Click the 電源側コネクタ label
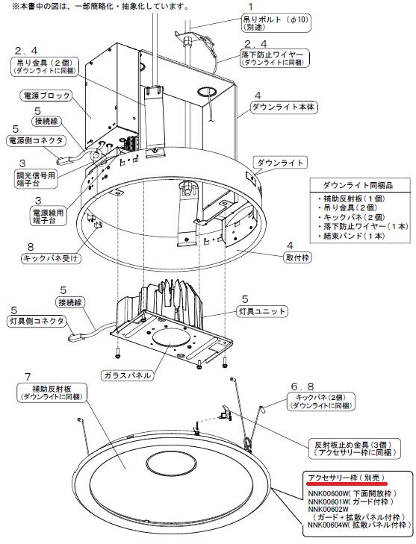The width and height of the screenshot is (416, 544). point(37,140)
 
